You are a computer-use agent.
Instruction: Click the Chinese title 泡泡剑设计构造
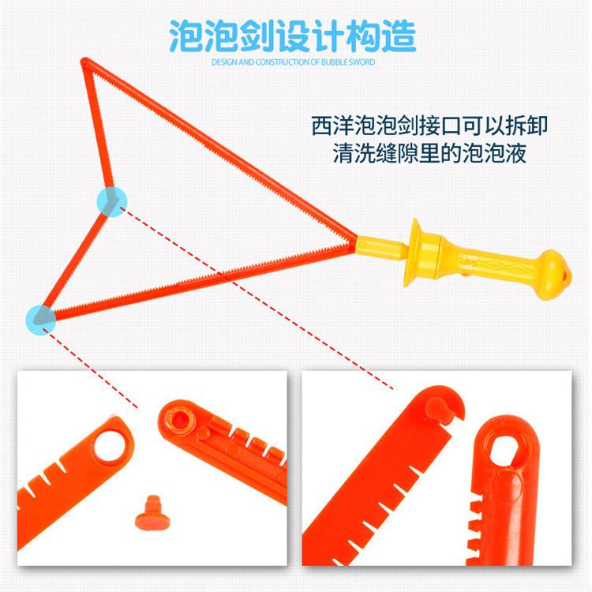point(293,36)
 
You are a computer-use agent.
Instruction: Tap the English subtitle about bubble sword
point(293,62)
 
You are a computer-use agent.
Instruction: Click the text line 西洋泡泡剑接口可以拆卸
point(429,126)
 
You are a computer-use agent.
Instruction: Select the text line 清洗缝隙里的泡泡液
point(429,153)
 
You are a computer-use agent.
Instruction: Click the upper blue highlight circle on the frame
point(112,201)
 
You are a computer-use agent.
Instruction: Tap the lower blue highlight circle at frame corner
point(41,320)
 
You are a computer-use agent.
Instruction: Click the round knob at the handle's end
point(553,275)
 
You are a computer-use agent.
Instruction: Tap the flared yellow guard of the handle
point(415,253)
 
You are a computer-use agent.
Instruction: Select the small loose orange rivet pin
point(152,512)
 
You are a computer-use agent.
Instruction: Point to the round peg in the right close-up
point(438,407)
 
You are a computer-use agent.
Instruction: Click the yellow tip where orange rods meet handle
point(362,245)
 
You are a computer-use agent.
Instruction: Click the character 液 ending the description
point(515,153)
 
